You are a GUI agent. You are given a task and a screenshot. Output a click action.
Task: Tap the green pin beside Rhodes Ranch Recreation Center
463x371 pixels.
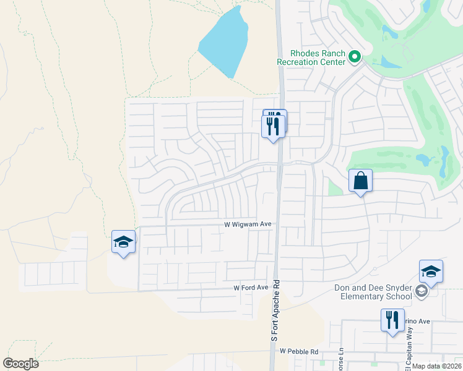tap(355, 58)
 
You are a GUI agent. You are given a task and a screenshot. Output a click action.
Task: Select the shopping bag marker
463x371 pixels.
tap(360, 181)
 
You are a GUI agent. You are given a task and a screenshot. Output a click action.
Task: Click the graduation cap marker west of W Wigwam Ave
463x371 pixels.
tap(123, 242)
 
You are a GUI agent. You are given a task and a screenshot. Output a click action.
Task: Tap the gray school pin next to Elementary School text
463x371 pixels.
tap(422, 291)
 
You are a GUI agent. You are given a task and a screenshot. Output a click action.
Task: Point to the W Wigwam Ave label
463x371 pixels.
tap(248, 226)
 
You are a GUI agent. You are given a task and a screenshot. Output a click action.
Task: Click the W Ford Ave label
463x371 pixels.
tap(251, 288)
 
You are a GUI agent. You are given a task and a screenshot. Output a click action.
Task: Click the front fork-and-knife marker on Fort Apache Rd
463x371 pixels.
tap(273, 127)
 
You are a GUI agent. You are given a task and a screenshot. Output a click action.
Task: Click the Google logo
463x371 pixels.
tap(20, 364)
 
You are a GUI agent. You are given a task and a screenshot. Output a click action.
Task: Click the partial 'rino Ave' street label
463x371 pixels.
tap(417, 322)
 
